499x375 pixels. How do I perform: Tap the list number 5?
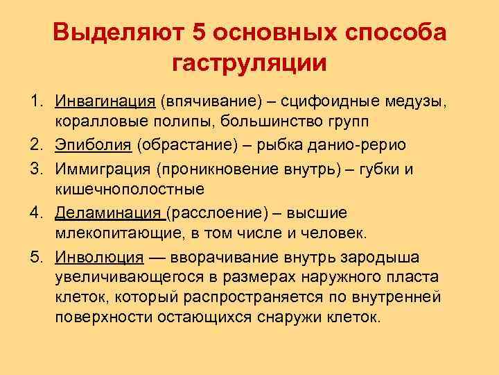click(x=34, y=257)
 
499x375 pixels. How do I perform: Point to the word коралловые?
click(x=94, y=122)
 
